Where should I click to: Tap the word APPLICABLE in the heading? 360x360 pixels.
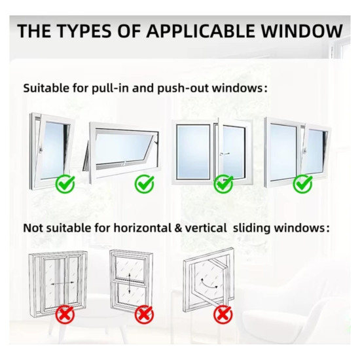pyautogui.click(x=200, y=31)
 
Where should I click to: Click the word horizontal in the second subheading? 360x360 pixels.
pyautogui.click(x=143, y=228)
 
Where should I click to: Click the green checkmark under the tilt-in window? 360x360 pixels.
pyautogui.click(x=65, y=183)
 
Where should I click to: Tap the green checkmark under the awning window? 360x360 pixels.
pyautogui.click(x=145, y=183)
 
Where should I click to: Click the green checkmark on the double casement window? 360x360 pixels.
pyautogui.click(x=223, y=183)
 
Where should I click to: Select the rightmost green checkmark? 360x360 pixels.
pyautogui.click(x=303, y=183)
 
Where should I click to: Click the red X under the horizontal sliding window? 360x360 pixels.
pyautogui.click(x=65, y=314)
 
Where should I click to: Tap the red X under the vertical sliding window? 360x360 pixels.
pyautogui.click(x=145, y=314)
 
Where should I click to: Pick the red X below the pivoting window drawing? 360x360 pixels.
pyautogui.click(x=223, y=314)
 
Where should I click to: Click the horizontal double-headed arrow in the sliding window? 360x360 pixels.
pyautogui.click(x=62, y=284)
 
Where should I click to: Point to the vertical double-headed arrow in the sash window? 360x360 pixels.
pyautogui.click(x=130, y=283)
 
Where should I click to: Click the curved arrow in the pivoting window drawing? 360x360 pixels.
pyautogui.click(x=209, y=284)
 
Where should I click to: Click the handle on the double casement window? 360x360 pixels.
pyautogui.click(x=224, y=154)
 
